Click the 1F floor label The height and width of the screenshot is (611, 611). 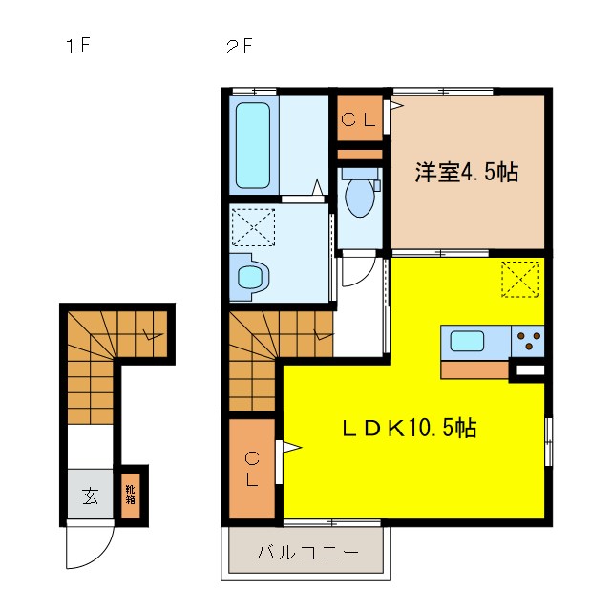(x=76, y=46)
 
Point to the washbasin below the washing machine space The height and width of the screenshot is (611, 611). (x=250, y=277)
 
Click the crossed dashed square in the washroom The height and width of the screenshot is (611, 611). (x=253, y=227)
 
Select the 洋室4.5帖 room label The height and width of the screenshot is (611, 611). (x=466, y=173)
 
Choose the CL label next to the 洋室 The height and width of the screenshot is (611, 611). (x=361, y=119)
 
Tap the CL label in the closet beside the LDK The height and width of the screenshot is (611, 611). (x=250, y=468)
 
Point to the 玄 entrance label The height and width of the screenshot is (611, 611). (x=89, y=495)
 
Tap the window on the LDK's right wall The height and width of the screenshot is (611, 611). (x=548, y=441)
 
